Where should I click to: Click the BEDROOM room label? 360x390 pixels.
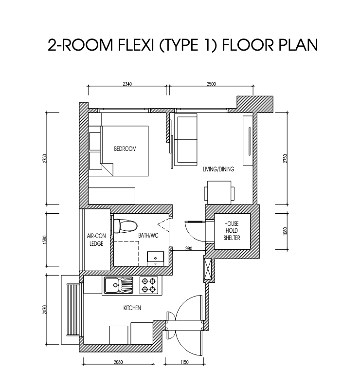pyautogui.click(x=125, y=149)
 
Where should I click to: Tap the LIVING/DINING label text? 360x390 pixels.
pyautogui.click(x=218, y=170)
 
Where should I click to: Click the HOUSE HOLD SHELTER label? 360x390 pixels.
pyautogui.click(x=231, y=230)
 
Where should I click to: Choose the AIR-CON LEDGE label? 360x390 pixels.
pyautogui.click(x=96, y=240)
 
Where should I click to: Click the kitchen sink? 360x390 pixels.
pyautogui.click(x=118, y=284)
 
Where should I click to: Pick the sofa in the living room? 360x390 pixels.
pyautogui.click(x=186, y=139)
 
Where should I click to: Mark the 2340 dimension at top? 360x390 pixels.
pyautogui.click(x=128, y=84)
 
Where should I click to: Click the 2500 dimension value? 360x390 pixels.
pyautogui.click(x=211, y=84)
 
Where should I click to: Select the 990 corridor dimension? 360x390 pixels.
pyautogui.click(x=189, y=249)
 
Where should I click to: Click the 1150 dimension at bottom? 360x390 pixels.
pyautogui.click(x=184, y=362)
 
